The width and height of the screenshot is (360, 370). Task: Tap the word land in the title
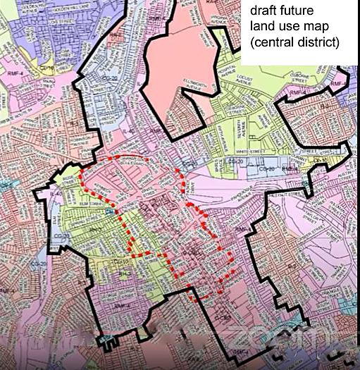pos(264,27)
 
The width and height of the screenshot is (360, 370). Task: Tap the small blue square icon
pos(107,210)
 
